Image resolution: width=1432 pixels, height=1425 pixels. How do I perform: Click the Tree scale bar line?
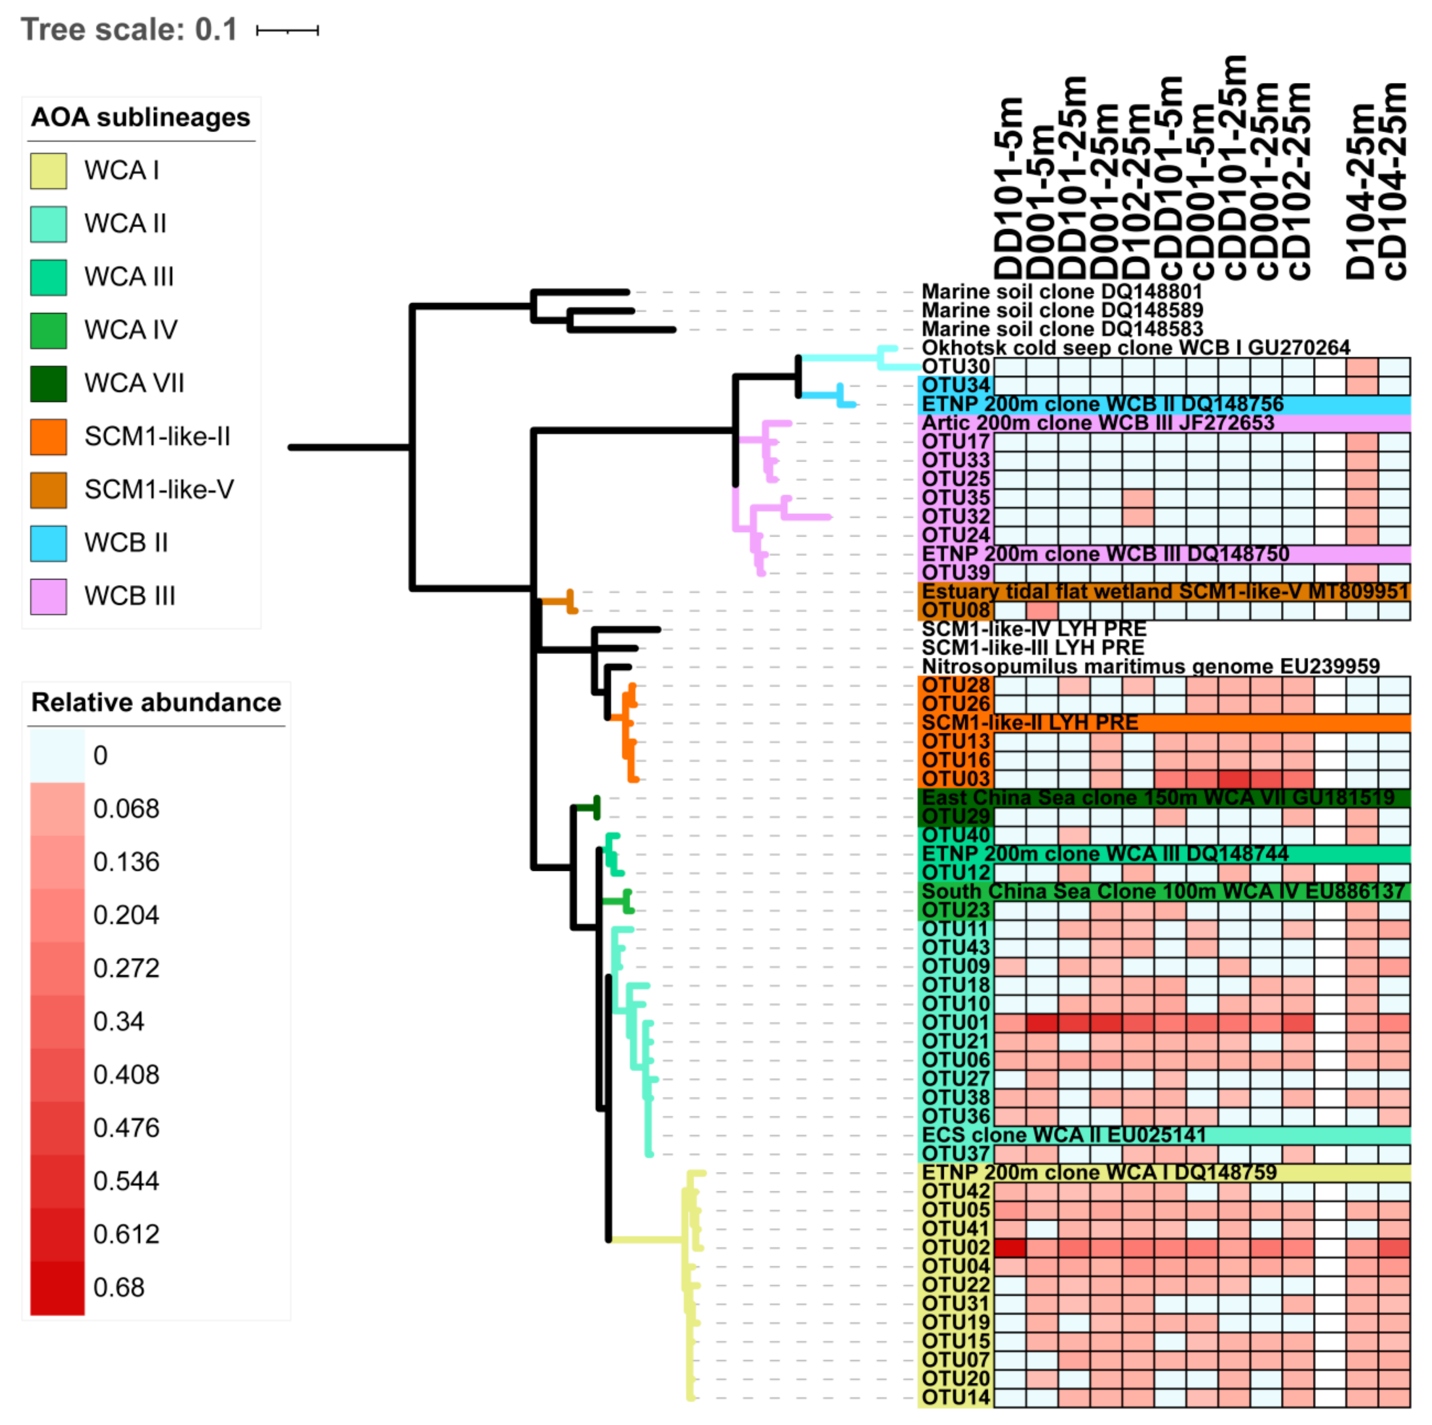pos(287,30)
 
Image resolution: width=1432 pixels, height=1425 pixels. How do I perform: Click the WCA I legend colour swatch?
pos(48,171)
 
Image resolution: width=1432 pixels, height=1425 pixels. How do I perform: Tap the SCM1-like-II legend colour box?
pos(48,437)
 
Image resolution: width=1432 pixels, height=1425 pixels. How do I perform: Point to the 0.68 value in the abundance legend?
pos(118,1287)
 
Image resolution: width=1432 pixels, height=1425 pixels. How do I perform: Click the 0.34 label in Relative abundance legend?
pos(118,1021)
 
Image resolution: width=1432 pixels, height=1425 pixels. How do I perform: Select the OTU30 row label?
pos(955,367)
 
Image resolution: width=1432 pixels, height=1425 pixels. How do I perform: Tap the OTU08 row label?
pos(955,610)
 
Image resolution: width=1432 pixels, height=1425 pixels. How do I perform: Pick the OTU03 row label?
pos(955,779)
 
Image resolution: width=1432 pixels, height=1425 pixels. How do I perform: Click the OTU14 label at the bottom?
pos(955,1398)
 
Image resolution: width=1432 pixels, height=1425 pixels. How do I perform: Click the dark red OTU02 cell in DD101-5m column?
pos(1010,1248)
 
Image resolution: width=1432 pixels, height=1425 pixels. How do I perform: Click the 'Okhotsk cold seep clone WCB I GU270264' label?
pos(1136,348)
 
